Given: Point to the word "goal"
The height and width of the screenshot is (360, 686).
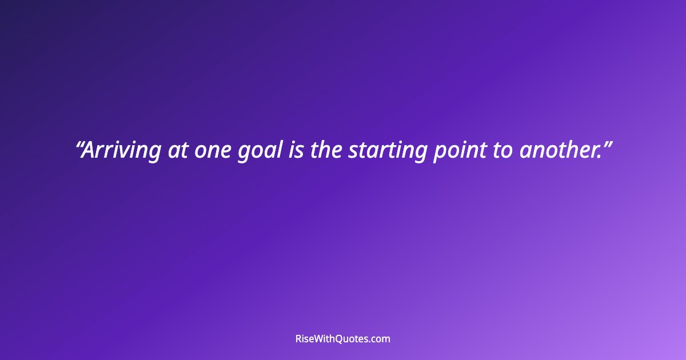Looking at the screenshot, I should [x=259, y=151].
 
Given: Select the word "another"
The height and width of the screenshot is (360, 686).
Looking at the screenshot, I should [x=557, y=150].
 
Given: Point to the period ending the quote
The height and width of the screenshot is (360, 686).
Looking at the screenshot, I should [x=598, y=157].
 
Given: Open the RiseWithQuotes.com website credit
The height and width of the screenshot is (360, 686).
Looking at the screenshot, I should [x=343, y=339].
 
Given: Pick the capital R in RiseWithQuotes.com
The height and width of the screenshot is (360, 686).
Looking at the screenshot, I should [x=299, y=339].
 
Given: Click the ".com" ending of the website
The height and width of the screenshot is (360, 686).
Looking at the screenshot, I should [x=380, y=339].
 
